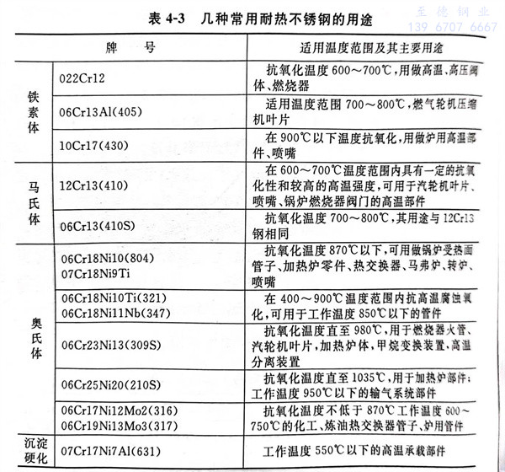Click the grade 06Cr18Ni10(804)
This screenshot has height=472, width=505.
[x=107, y=259]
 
